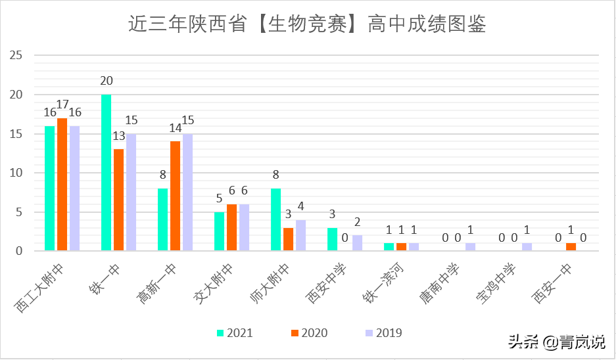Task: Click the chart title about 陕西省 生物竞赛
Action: click(308, 24)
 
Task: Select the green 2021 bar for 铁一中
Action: click(106, 173)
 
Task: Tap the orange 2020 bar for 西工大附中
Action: click(62, 185)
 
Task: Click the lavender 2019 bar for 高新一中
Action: click(188, 192)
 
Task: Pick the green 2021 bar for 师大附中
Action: click(276, 220)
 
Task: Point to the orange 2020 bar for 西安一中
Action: click(571, 247)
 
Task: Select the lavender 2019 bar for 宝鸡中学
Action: click(527, 247)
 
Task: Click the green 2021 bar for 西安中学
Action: click(333, 239)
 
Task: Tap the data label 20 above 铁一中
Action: click(107, 81)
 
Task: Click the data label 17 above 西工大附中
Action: click(62, 104)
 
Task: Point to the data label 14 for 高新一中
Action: click(175, 128)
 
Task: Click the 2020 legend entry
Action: click(308, 333)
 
